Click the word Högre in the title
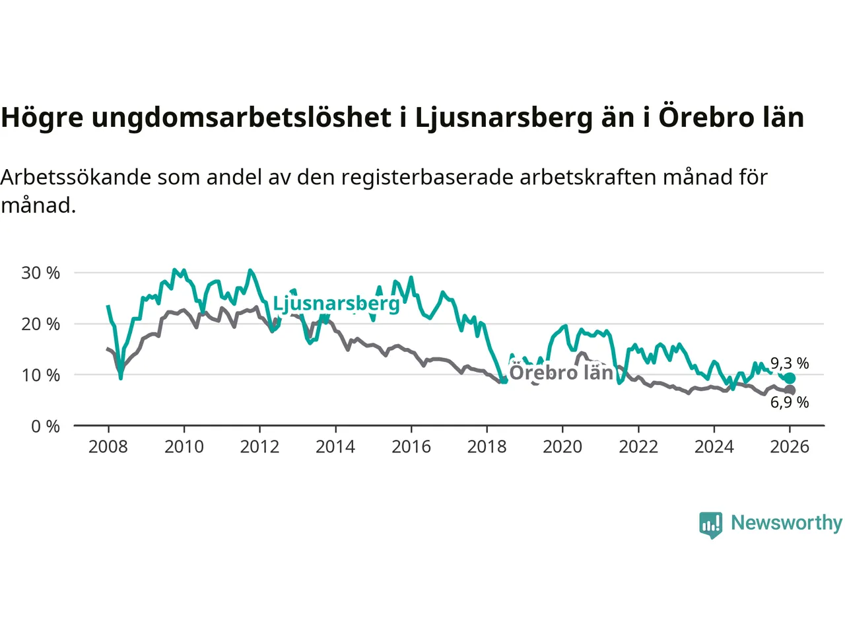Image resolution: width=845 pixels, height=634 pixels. pos(42,118)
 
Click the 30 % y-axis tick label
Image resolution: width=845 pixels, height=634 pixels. pos(41,273)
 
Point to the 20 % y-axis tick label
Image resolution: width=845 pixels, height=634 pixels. pos(41,324)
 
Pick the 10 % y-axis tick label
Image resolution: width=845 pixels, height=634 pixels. pos(41,375)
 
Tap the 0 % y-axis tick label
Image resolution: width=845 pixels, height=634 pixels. pos(46,427)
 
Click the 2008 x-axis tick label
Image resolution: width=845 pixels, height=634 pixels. pos(108,447)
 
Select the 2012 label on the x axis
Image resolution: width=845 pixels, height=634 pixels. pos(259,447)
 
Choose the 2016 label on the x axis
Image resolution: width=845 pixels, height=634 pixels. pos(411,447)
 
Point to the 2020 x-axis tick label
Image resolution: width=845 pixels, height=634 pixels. pos(562,447)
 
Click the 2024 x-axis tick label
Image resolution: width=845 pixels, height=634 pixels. pos(714,447)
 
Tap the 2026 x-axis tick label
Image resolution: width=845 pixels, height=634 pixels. pos(790,447)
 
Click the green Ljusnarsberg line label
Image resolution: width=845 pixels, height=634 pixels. pos(336,303)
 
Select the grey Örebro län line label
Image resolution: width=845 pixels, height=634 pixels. pos(561,372)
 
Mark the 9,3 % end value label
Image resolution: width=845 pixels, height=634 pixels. pos(790,363)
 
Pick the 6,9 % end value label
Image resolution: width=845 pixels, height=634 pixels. pos(790,402)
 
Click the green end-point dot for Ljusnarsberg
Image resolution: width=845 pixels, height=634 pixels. pos(790,378)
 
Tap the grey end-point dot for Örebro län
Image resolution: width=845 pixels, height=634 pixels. pos(790,390)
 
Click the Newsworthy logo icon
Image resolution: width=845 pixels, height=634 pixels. pos(711,524)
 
